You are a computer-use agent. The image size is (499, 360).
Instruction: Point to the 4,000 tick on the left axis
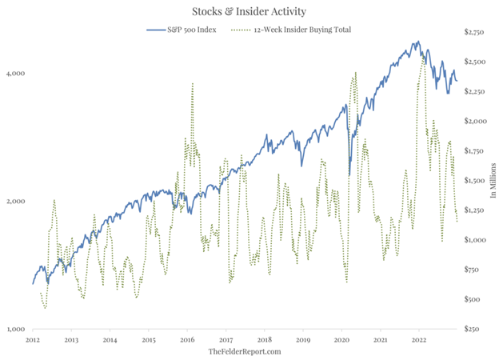point(16,74)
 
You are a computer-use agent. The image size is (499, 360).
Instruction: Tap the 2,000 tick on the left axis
point(16,201)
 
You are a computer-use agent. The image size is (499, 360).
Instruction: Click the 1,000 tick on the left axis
point(16,329)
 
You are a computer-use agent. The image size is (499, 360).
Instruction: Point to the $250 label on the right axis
point(473,329)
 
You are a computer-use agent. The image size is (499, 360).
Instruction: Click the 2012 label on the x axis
point(33,340)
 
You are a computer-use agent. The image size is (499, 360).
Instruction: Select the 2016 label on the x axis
point(187,340)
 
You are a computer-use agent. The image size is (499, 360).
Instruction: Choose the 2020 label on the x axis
point(341,340)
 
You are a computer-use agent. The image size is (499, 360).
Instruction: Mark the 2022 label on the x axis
point(419,340)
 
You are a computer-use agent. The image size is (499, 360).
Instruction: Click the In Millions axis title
point(488,181)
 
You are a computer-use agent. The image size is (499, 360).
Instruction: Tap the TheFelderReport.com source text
point(245,352)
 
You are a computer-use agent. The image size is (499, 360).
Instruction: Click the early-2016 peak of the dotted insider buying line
point(193,83)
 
